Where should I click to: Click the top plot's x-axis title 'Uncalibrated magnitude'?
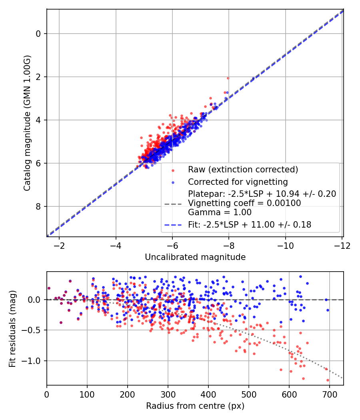(x=195, y=257)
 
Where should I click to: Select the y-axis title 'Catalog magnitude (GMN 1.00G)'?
(x=27, y=123)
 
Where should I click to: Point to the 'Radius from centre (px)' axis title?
(x=195, y=406)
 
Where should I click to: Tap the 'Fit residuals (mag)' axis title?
(x=12, y=329)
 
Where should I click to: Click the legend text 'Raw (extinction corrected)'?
(x=243, y=170)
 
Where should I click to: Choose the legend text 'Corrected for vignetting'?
(x=238, y=182)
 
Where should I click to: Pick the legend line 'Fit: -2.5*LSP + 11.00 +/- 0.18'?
(x=250, y=225)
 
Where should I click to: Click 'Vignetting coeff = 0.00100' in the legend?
(x=244, y=203)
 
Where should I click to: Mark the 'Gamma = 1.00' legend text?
(x=220, y=212)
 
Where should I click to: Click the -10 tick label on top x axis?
(x=286, y=245)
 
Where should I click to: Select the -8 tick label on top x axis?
(x=229, y=245)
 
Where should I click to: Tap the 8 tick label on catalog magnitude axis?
(x=38, y=206)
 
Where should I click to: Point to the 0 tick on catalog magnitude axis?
(x=38, y=34)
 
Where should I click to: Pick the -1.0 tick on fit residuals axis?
(x=34, y=361)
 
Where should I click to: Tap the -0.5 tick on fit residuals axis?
(x=34, y=330)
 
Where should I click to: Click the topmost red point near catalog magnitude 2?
(x=228, y=78)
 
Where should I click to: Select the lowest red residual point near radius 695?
(x=328, y=380)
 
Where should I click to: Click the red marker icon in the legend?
(x=173, y=170)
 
